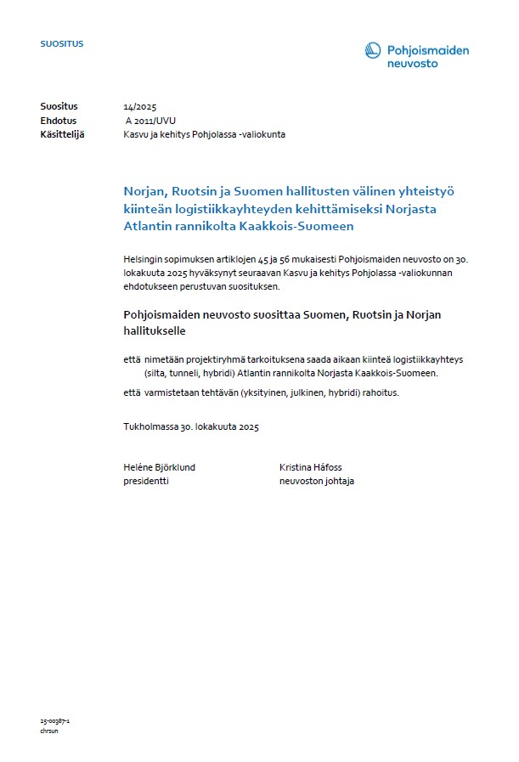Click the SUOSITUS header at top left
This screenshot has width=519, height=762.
(x=62, y=43)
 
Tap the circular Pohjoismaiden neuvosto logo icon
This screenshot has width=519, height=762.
(x=373, y=51)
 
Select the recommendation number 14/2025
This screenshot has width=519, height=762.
(x=140, y=106)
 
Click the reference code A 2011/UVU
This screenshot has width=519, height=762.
(x=150, y=121)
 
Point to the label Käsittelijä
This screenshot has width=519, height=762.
(x=62, y=134)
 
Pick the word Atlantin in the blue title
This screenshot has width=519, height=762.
(x=147, y=227)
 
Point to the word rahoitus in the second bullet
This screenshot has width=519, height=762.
(x=377, y=392)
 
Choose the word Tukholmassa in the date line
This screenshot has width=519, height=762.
(x=150, y=426)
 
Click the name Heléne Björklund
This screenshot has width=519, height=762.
(x=160, y=467)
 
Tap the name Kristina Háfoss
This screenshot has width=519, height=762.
(x=311, y=467)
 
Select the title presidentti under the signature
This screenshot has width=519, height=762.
(x=146, y=481)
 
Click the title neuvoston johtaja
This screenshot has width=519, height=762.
(x=317, y=481)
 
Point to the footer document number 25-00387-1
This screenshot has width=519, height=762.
(x=54, y=720)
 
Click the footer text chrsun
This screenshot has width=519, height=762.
(x=48, y=730)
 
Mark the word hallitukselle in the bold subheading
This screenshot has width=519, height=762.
(x=155, y=330)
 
